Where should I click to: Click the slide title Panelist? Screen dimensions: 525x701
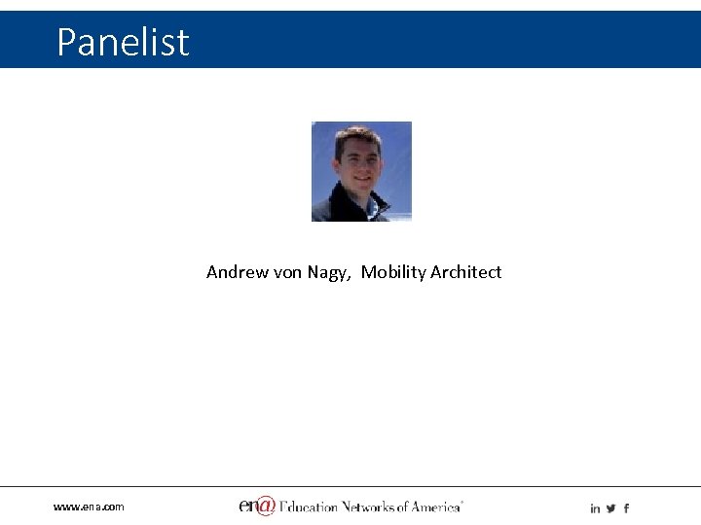123,42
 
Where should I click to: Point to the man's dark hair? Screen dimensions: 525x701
357,136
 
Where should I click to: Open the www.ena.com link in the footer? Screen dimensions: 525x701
89,507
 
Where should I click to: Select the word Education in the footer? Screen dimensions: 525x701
309,507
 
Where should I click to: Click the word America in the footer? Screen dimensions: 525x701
435,507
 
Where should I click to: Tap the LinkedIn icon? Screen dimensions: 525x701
595,508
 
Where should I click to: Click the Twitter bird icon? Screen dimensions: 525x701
610,508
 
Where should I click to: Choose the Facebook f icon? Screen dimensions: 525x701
626,508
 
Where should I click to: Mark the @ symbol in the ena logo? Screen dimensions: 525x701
265,506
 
